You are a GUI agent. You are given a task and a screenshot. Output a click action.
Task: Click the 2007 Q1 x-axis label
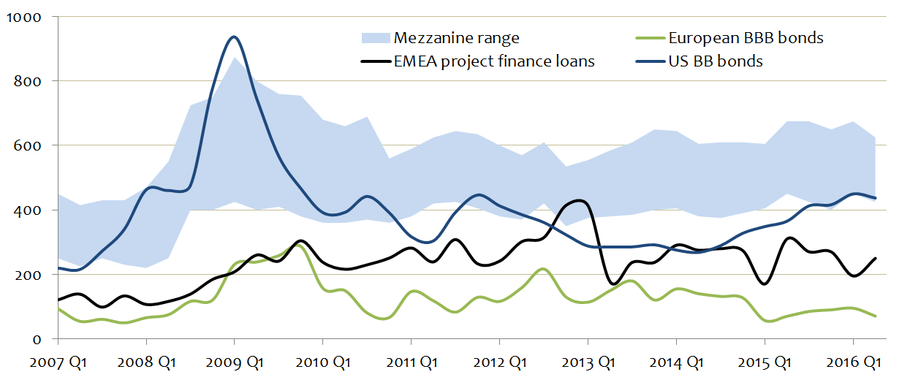pos(58,362)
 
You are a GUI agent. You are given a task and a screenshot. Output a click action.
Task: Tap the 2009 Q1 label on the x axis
pos(234,362)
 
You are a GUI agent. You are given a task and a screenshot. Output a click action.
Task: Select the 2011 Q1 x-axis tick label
pos(411,362)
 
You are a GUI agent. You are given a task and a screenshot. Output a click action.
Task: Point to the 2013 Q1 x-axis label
pos(588,362)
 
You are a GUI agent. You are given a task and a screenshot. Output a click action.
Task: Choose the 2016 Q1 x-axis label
pos(852,362)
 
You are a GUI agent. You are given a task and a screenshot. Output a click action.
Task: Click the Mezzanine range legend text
pos(457,37)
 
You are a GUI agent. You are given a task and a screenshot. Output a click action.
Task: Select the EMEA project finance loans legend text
pos(494,61)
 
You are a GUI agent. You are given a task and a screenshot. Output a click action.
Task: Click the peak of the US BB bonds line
pos(234,37)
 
